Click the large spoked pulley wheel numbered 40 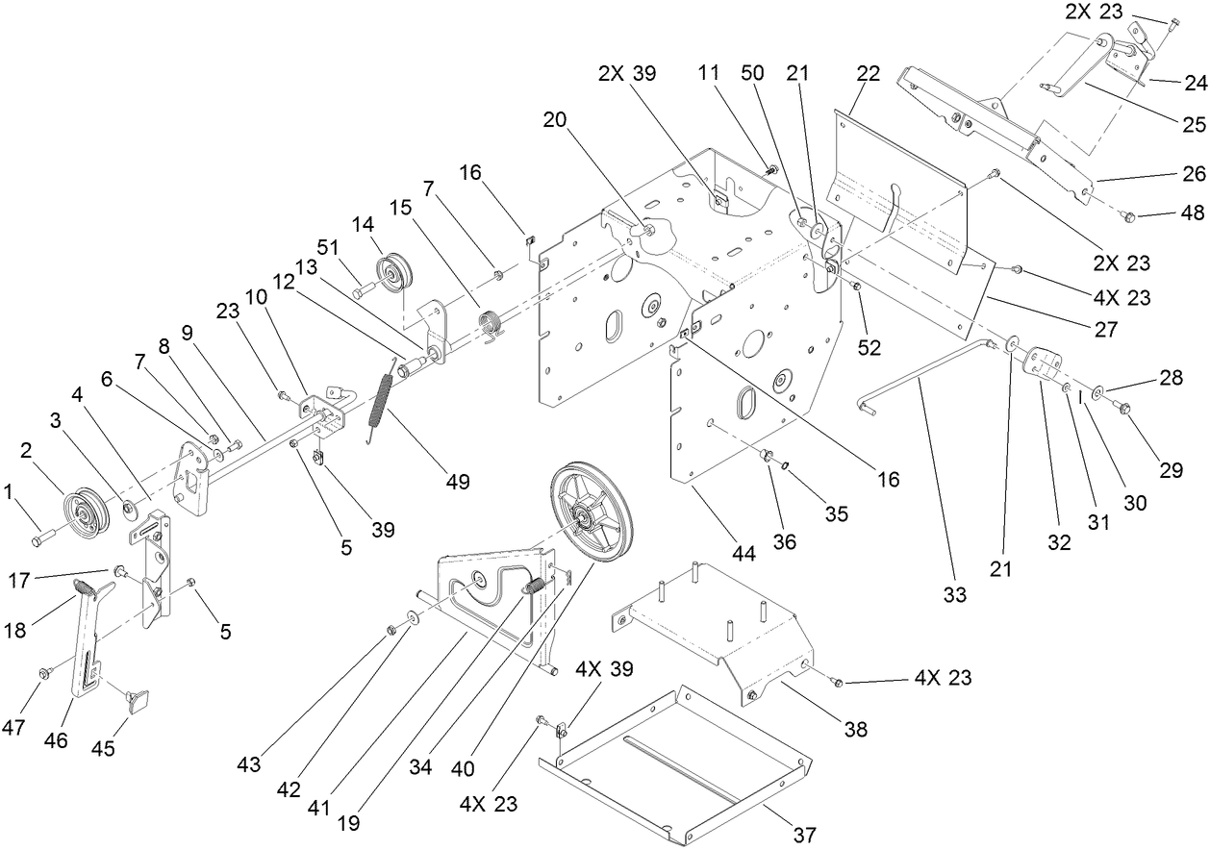click(x=589, y=519)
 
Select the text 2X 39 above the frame click(x=627, y=74)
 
